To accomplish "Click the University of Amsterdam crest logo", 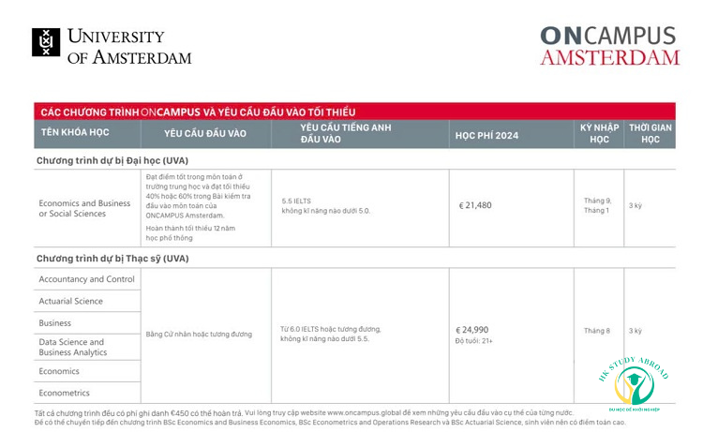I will [45, 42].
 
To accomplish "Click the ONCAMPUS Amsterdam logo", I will [609, 45].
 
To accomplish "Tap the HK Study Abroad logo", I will [634, 383].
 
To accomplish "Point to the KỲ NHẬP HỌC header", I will [598, 133].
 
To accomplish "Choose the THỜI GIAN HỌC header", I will [650, 133].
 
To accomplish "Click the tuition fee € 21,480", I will [475, 205].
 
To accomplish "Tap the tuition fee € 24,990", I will [472, 329].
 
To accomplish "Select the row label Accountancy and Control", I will [87, 278].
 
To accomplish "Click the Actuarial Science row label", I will [71, 301].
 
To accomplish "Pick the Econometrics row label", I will [65, 393].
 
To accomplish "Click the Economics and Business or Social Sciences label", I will [84, 208].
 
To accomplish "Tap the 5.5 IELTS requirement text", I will [296, 200].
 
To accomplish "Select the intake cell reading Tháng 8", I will [597, 330].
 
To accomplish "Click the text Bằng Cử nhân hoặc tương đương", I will [200, 335].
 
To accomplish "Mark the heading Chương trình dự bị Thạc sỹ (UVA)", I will [112, 258].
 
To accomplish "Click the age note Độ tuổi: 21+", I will [474, 340].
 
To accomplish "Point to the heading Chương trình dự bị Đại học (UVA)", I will [112, 160].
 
